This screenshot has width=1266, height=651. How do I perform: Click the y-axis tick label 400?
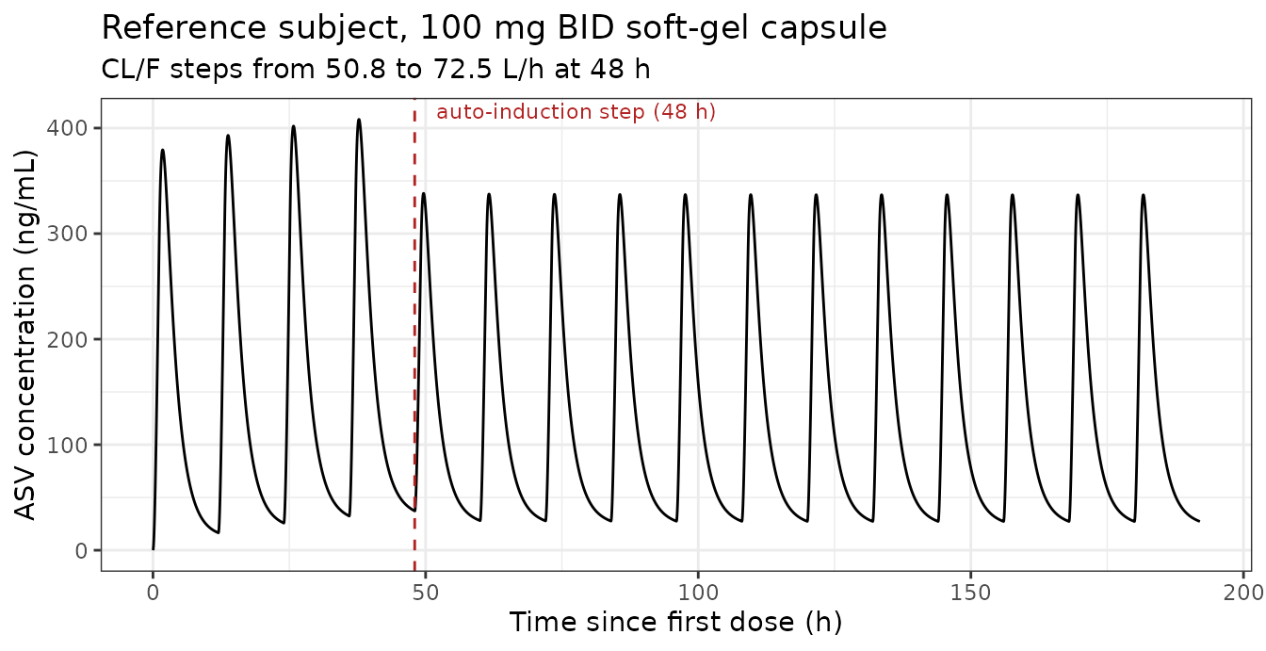(67, 128)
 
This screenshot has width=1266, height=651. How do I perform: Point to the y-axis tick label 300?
(67, 234)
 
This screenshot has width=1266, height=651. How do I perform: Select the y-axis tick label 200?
(67, 339)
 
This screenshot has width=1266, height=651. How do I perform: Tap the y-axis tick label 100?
(67, 446)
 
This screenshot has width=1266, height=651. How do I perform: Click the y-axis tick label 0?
(81, 551)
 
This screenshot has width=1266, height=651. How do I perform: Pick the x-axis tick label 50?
(426, 593)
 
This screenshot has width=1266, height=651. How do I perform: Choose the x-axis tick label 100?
(699, 593)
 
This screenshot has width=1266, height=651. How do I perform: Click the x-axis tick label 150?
(971, 593)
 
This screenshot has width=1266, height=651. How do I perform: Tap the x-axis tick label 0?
(154, 593)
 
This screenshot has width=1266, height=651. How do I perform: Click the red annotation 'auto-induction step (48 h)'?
(576, 112)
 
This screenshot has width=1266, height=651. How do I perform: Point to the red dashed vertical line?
(414, 334)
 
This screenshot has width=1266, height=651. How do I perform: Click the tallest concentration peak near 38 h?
(359, 120)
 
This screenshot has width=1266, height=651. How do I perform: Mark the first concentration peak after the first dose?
(163, 151)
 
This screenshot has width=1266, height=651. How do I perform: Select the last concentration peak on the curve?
(1144, 195)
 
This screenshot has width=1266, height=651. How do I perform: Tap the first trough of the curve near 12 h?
(219, 533)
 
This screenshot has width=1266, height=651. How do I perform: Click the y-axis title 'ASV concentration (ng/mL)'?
(24, 334)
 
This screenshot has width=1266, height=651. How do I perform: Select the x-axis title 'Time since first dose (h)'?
(675, 622)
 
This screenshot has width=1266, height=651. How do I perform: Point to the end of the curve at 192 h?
(1199, 521)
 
